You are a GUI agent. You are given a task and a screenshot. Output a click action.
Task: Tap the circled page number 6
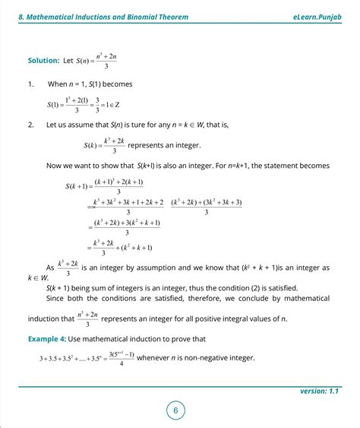pyautogui.click(x=175, y=411)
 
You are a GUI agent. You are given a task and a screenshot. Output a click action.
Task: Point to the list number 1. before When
pyautogui.click(x=31, y=84)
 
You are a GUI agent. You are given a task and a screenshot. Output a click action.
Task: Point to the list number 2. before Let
pyautogui.click(x=31, y=124)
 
